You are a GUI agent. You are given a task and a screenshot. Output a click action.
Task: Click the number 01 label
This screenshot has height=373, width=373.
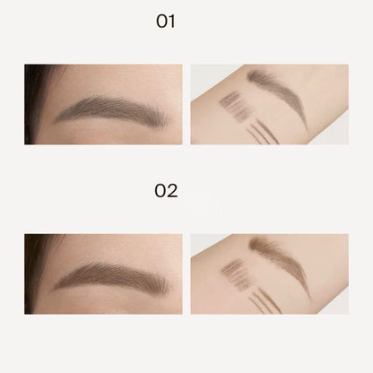(x=165, y=21)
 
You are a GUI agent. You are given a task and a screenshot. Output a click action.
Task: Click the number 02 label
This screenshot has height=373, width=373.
(x=166, y=190)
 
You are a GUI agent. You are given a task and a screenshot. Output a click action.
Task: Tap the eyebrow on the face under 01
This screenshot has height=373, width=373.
(x=112, y=109)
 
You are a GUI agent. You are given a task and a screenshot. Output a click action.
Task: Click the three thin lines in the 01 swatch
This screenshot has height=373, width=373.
(x=260, y=131)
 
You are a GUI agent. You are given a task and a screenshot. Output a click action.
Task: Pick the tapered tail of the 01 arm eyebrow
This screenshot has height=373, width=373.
(x=302, y=126)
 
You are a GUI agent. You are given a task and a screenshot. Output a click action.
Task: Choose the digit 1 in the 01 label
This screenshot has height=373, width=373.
(x=172, y=21)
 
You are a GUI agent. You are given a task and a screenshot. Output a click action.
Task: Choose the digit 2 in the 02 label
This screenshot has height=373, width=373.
(x=172, y=190)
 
